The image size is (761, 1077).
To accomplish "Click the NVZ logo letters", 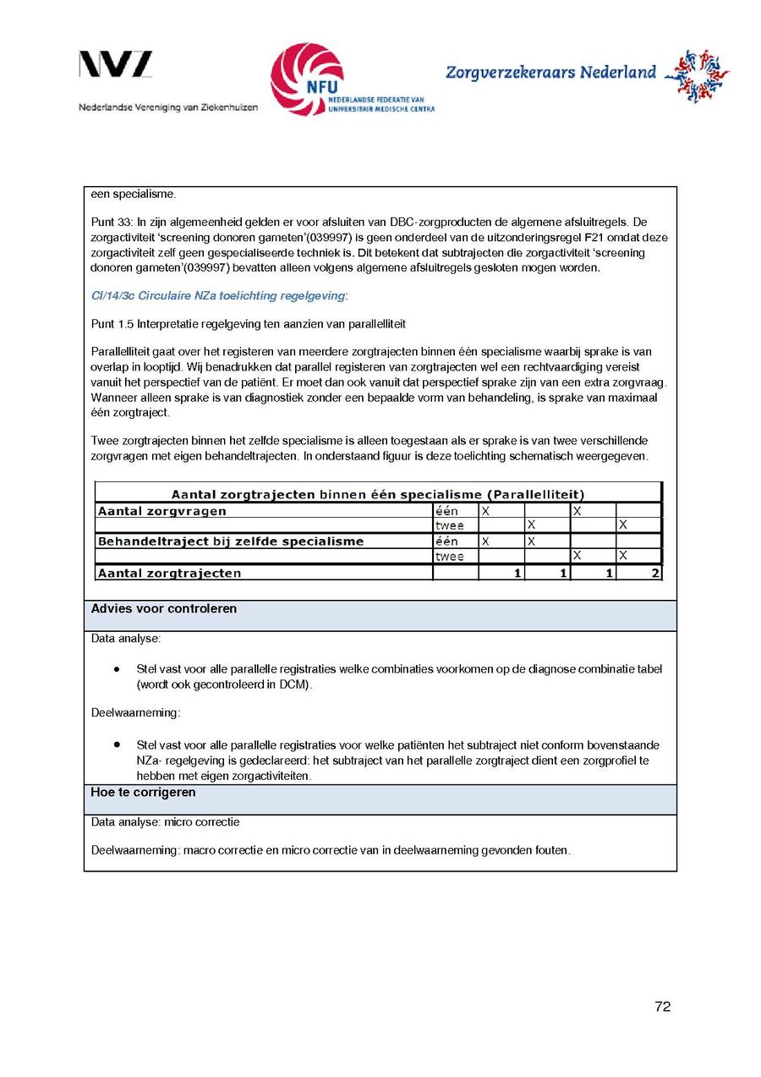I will (116, 65).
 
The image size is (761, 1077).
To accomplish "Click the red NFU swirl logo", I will (305, 79).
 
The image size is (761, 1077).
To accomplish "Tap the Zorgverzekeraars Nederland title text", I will (550, 73).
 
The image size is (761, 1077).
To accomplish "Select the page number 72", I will (662, 1006).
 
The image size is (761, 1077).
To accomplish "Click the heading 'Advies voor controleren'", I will (164, 609).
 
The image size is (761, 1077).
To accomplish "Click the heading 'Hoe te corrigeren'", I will (143, 793).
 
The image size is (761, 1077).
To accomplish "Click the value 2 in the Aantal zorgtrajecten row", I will (655, 574).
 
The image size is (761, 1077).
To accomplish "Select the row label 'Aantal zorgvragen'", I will (162, 511).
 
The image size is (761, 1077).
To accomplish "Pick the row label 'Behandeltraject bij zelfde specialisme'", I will (231, 541).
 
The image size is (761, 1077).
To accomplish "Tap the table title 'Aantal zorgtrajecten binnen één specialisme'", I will (377, 494).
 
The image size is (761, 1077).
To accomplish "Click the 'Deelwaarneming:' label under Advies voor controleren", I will (135, 712).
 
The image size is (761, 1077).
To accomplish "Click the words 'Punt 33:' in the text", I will (111, 222).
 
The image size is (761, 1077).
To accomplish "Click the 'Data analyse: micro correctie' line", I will (165, 822).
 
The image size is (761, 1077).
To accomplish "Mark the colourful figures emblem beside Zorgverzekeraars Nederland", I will (696, 75).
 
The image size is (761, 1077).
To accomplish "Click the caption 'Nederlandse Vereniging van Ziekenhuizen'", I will (168, 107).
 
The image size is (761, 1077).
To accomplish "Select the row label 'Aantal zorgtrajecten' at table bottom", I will (170, 574).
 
